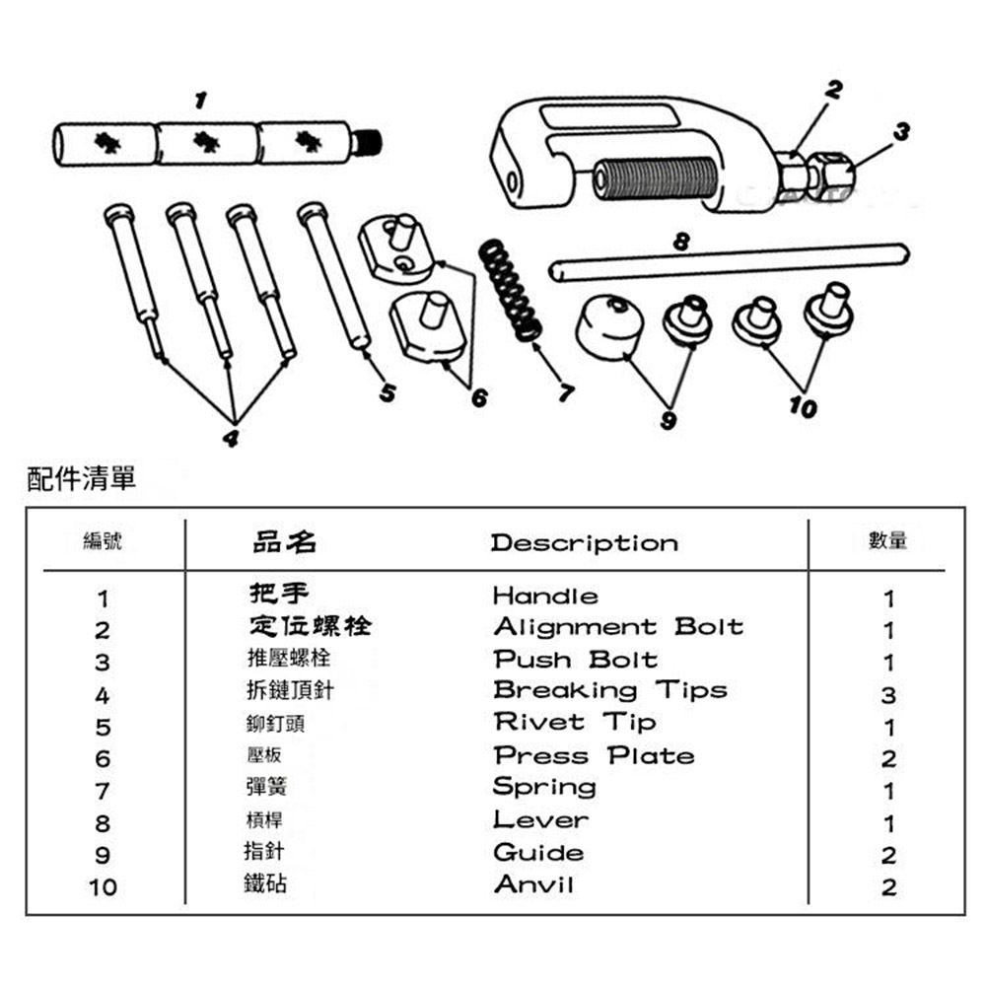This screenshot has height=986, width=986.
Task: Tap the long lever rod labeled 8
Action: [x=730, y=260]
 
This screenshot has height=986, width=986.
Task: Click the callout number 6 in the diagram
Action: [x=479, y=399]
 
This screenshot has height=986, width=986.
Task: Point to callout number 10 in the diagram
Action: [x=804, y=407]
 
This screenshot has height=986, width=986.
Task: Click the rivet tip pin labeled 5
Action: [x=335, y=276]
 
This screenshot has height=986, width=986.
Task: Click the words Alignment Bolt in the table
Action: [x=617, y=627]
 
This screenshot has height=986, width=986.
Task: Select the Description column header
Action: [x=584, y=543]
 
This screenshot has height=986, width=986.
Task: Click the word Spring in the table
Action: [x=544, y=788]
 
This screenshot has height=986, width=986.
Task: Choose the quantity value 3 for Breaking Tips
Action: [x=888, y=695]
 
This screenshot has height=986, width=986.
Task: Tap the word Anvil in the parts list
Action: [x=533, y=883]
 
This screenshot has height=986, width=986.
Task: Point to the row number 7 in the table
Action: [x=103, y=791]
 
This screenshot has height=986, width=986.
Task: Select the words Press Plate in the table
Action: [x=594, y=756]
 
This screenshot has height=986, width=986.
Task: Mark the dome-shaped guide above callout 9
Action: [x=608, y=325]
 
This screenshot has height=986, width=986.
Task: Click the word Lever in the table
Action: [x=540, y=819]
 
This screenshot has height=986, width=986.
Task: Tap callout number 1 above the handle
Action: [x=201, y=100]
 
